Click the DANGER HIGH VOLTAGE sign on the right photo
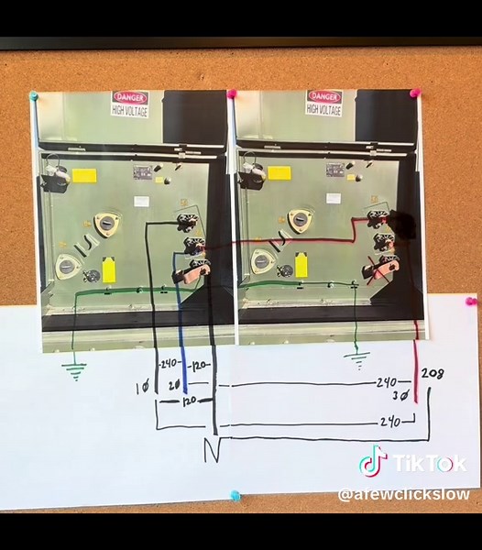324,103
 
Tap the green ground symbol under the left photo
74,370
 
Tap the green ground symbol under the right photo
358,357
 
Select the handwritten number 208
433,374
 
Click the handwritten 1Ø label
142,389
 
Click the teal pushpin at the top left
34,95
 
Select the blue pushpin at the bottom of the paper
235,496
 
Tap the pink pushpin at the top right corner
414,93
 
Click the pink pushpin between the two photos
232,94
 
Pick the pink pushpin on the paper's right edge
471,301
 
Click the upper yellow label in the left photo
84,174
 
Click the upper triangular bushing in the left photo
108,223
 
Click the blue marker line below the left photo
184,353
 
